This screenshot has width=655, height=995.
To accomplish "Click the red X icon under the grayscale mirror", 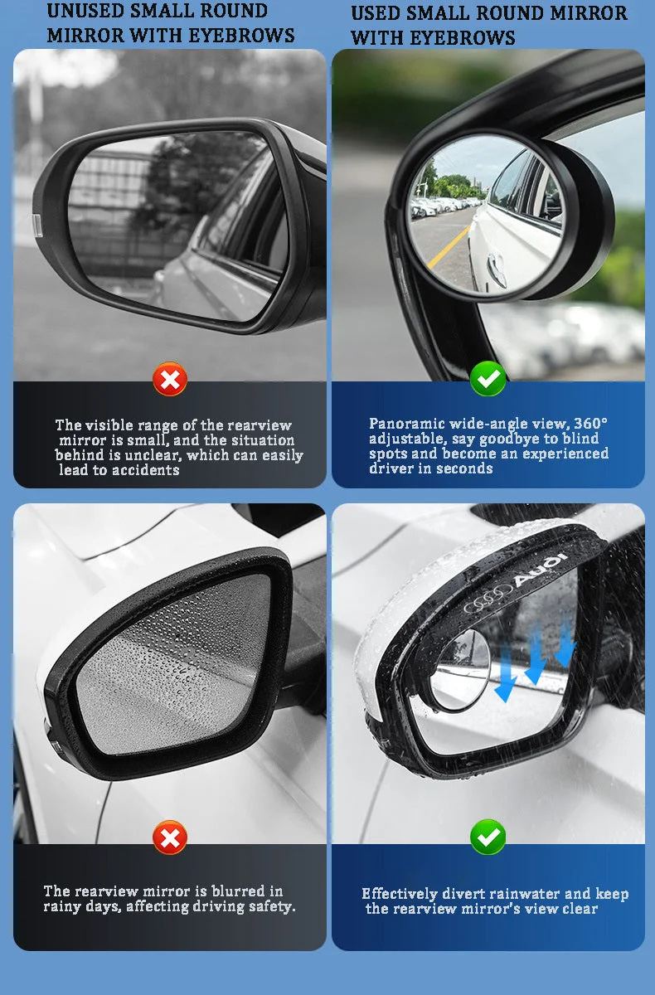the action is (170, 380).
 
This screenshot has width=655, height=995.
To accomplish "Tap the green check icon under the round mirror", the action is (488, 378).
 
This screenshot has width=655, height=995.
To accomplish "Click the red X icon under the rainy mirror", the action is (170, 837).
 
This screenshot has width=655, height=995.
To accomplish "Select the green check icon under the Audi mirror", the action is (488, 837).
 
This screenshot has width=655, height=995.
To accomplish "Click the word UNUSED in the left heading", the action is (84, 11).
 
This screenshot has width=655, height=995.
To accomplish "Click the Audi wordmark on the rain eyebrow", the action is (541, 569).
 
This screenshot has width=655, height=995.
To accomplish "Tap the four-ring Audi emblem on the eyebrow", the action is (488, 599).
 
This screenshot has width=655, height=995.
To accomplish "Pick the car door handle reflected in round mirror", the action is (497, 269).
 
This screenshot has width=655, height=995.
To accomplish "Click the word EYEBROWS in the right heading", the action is (463, 38).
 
